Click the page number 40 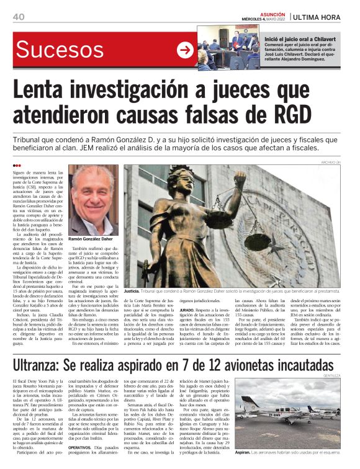point(20,16)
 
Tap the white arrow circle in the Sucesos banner point(185,51)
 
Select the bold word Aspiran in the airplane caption point(246,452)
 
